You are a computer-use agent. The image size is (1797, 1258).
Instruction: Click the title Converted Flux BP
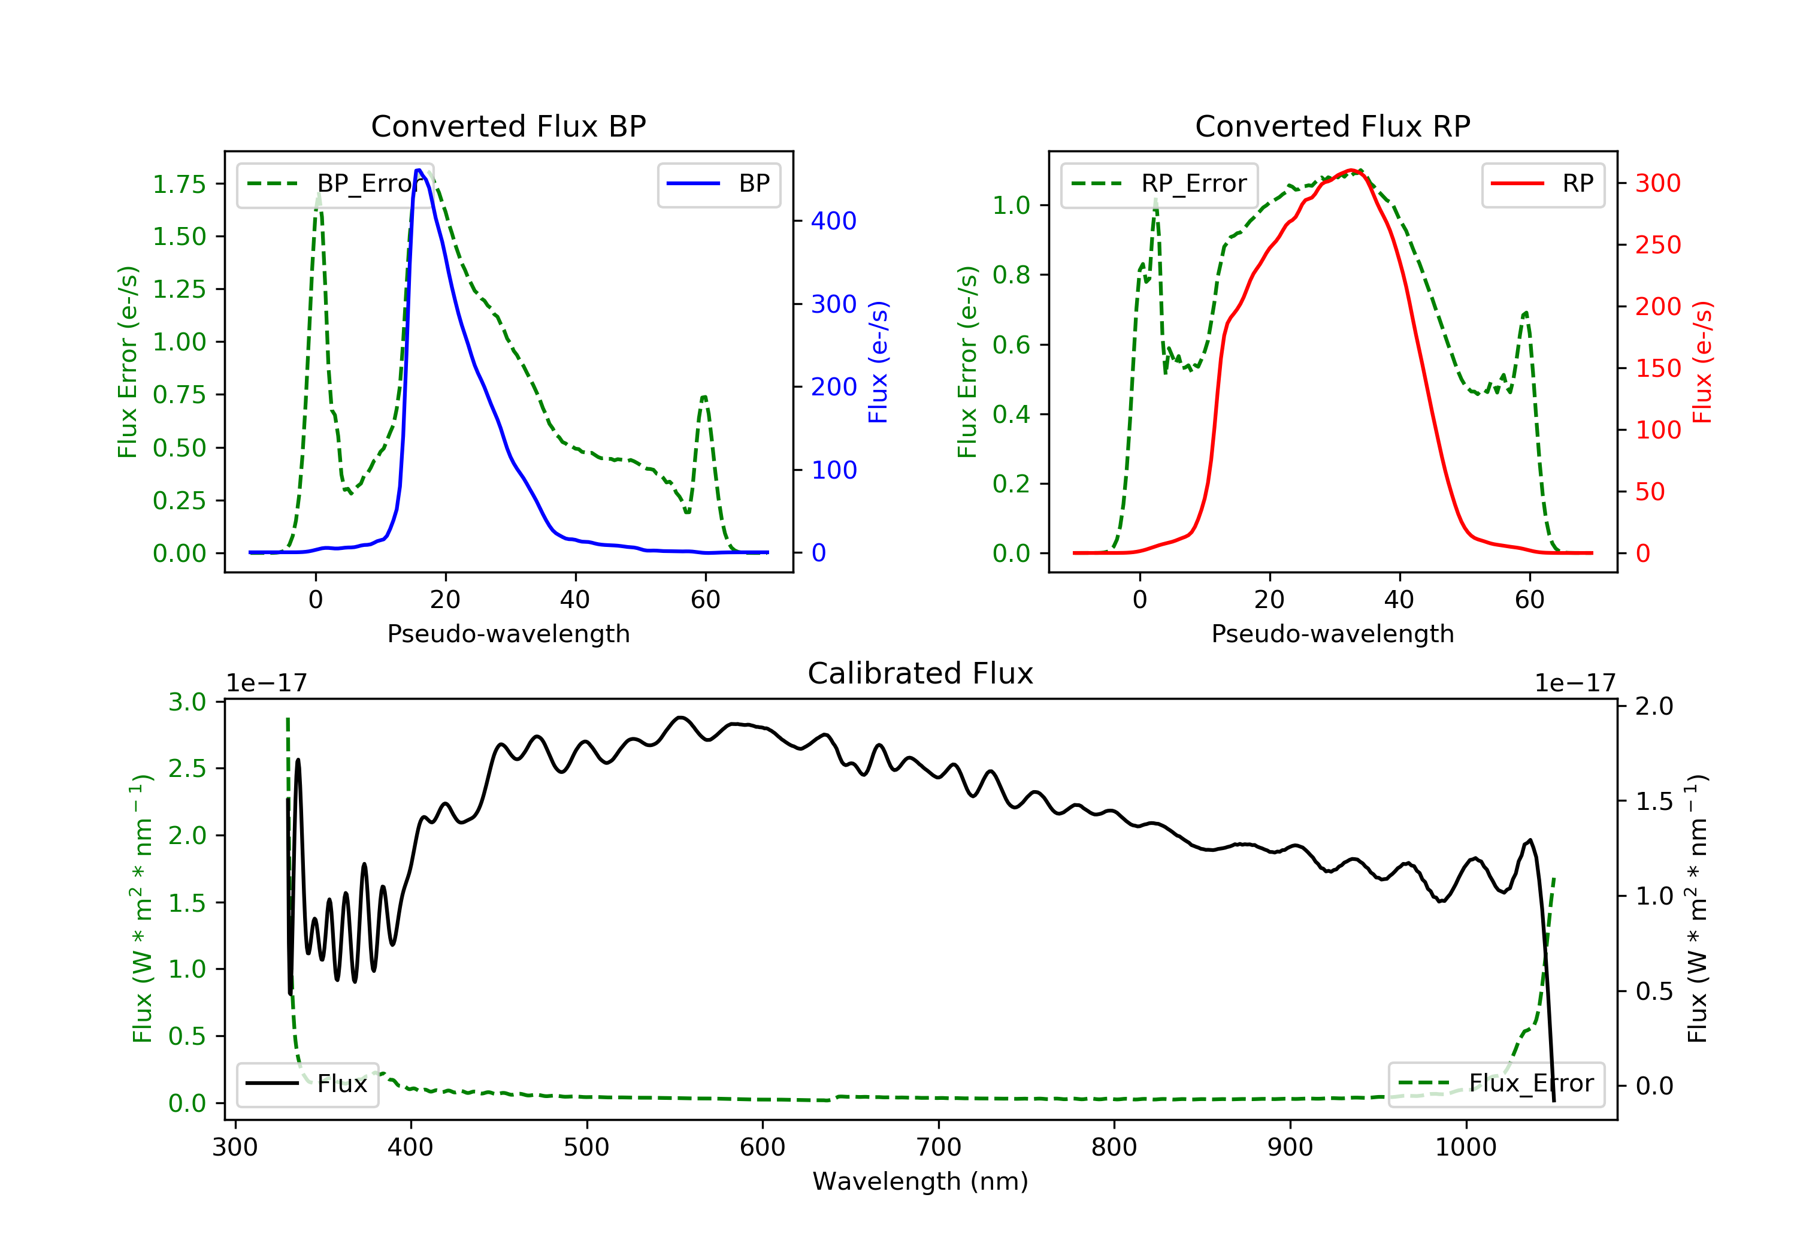509,126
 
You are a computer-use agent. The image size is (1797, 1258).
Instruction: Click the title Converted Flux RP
1333,126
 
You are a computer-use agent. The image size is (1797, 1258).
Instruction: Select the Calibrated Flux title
921,673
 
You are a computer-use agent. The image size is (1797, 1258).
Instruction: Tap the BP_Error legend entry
332,184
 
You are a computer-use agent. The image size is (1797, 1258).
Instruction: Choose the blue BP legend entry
718,184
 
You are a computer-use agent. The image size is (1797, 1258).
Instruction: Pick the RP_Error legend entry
1158,184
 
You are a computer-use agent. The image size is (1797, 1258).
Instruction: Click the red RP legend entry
1542,184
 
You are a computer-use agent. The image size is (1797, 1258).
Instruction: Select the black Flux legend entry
307,1084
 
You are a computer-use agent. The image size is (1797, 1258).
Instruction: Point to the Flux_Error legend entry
1496,1084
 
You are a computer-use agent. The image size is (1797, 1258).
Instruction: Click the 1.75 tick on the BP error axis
179,185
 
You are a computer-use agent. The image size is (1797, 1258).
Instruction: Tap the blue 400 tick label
834,221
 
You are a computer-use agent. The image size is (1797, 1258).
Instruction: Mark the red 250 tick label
1657,245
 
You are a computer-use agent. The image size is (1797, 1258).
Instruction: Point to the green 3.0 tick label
187,702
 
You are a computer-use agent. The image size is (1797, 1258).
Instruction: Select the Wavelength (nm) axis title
921,1181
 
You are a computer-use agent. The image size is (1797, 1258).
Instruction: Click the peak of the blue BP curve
419,170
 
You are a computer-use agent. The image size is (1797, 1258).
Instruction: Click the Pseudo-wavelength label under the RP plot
1333,633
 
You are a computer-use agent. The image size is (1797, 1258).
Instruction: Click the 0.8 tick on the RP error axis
1011,275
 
